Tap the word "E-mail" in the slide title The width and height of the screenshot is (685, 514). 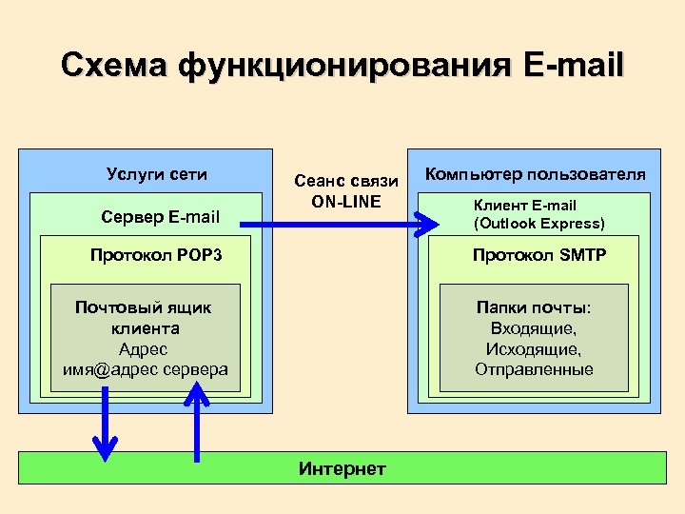573,66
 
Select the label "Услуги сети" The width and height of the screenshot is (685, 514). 157,174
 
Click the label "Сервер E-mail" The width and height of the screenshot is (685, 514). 160,217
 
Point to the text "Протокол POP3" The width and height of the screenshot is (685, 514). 156,255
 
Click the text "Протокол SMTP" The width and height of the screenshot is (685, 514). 539,255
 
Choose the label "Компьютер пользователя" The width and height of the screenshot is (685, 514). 535,174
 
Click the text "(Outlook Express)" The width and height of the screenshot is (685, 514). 538,224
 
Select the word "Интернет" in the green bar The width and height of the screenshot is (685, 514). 342,468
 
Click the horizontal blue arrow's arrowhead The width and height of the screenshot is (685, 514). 423,226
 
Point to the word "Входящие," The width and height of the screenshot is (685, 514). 534,328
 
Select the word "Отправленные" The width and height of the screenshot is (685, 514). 534,369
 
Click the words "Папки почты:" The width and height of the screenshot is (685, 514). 534,307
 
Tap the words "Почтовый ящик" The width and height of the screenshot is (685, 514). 143,307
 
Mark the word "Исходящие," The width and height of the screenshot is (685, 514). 534,348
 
